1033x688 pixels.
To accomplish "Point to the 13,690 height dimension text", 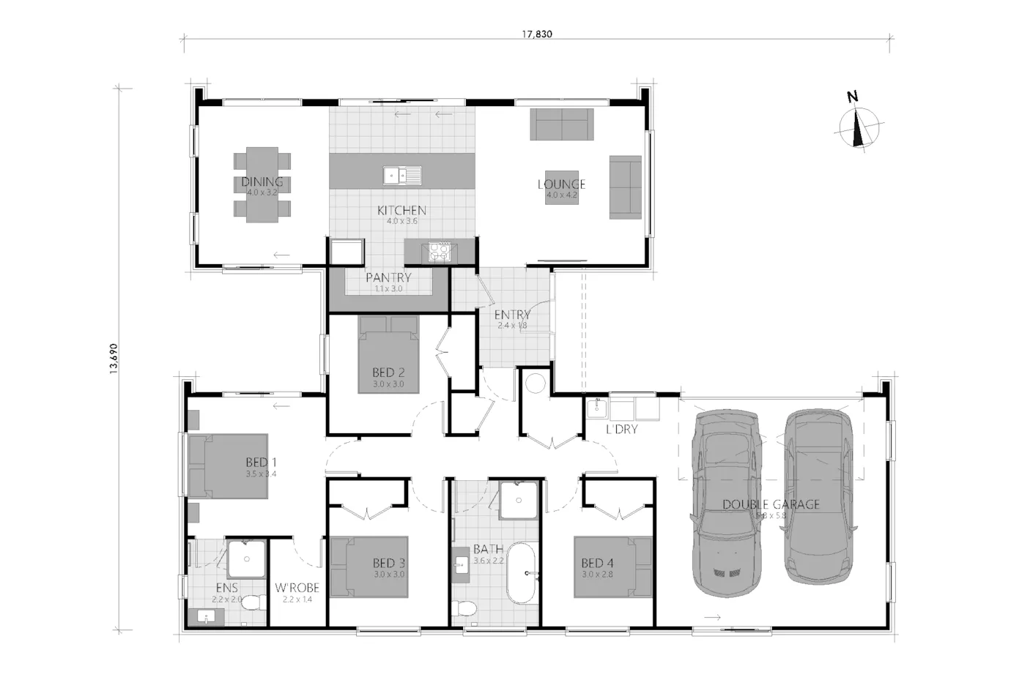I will coord(114,359).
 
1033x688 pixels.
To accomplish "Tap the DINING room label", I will coord(262,182).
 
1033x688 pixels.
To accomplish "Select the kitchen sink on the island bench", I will coord(402,176).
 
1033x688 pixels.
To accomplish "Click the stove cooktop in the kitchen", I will coord(440,251).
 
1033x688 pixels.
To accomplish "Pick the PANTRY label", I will coord(388,278).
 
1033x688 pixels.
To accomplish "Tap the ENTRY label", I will coord(512,315).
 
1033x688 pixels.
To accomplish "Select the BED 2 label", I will coord(388,373).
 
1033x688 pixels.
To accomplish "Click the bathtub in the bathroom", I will coord(522,572).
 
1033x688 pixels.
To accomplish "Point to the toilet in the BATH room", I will coord(463,608).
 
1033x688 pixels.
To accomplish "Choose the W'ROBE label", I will coord(297,588).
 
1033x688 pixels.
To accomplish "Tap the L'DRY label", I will coord(621,430).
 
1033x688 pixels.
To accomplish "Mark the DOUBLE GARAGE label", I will coord(771,504).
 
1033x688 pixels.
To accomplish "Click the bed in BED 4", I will coord(612,567).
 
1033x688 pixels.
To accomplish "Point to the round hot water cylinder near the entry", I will coord(535,382).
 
